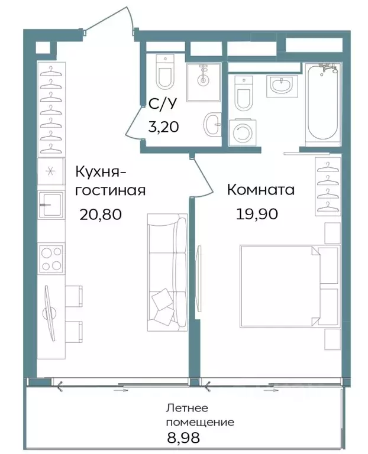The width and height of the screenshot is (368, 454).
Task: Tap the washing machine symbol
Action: pyautogui.click(x=243, y=132)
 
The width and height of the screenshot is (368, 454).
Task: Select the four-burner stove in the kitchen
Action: pyautogui.click(x=51, y=258)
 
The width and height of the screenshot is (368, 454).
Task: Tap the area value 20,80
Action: pyautogui.click(x=100, y=213)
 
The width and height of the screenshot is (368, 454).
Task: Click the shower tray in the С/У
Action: pyautogui.click(x=203, y=82)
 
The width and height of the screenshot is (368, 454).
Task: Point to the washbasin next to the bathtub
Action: pyautogui.click(x=280, y=87)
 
